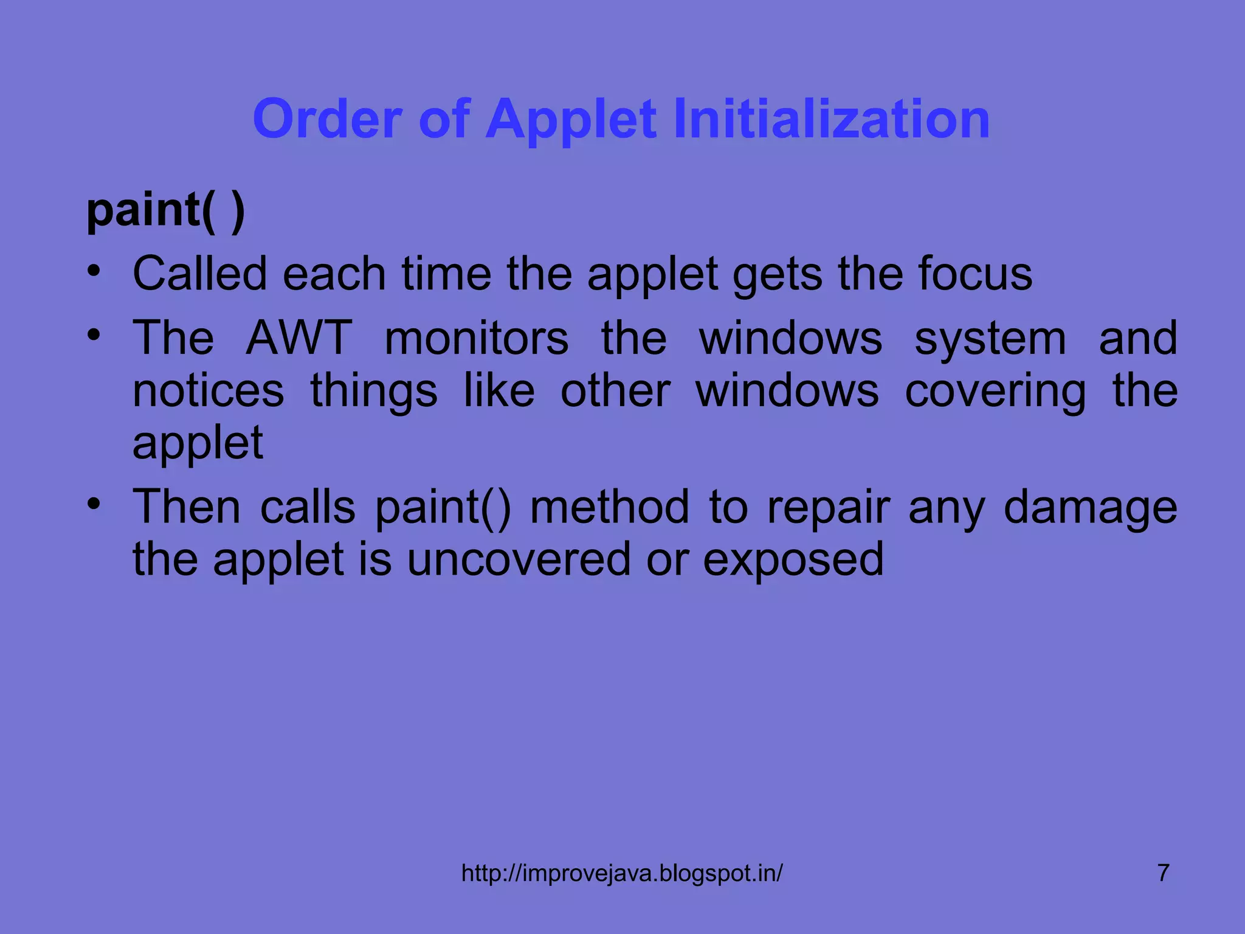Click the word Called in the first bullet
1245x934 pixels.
point(199,274)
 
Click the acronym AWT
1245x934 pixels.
point(299,338)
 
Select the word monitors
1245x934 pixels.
point(477,338)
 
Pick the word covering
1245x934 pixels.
point(995,392)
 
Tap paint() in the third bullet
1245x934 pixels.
point(443,508)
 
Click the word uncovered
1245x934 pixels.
point(519,559)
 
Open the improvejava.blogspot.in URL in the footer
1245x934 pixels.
point(622,874)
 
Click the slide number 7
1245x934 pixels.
point(1163,873)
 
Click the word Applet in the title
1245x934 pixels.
point(571,120)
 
